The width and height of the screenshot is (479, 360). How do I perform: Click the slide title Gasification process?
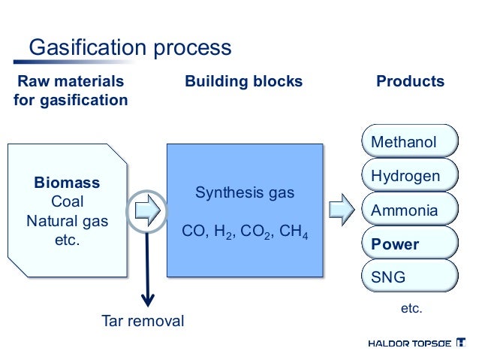[x=129, y=47]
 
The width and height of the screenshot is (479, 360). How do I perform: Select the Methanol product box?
[x=409, y=142]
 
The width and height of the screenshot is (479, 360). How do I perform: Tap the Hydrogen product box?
[x=409, y=177]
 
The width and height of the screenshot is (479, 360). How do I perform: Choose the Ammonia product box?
[x=409, y=211]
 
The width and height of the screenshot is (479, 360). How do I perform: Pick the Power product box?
[x=409, y=245]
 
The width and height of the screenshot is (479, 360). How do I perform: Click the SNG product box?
[x=409, y=278]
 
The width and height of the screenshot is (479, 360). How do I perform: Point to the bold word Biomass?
[x=67, y=183]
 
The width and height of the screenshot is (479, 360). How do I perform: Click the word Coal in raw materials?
[x=67, y=202]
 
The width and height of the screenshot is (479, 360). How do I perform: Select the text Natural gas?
[x=67, y=222]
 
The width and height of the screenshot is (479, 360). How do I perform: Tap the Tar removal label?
[x=143, y=321]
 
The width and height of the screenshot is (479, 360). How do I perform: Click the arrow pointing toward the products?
[x=342, y=210]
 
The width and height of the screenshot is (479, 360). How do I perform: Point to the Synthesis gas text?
[x=245, y=193]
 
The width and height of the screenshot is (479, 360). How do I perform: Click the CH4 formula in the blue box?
[x=296, y=231]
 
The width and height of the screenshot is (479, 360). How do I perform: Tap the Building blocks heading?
[x=244, y=81]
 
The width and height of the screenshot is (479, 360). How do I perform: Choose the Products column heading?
[x=410, y=81]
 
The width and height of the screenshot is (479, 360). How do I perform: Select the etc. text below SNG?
[x=411, y=309]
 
